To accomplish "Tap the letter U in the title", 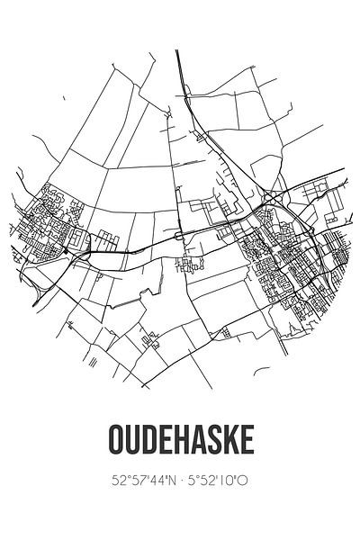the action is pos(131,441).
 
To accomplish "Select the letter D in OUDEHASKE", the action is pos(148,441).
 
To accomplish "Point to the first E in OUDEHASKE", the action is pos(165,441).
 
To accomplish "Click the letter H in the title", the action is pos(180,441).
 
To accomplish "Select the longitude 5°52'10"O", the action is pos(217,481).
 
